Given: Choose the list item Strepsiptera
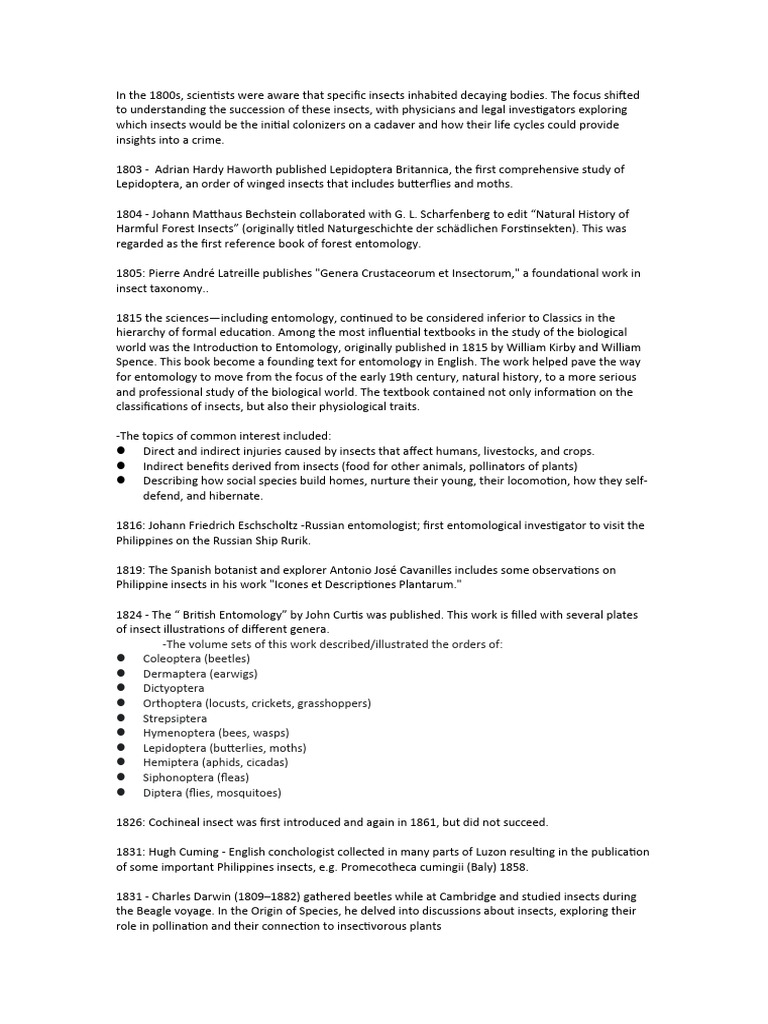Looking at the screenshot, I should tap(175, 718).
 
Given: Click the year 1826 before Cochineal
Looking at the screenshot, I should tap(130, 822).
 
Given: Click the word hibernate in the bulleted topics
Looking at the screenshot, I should tap(228, 495).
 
